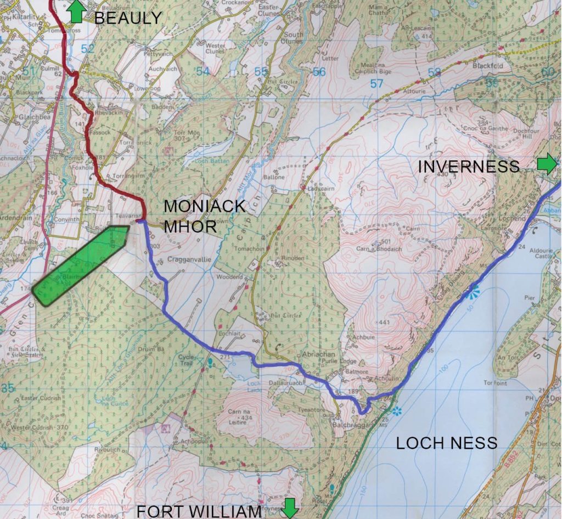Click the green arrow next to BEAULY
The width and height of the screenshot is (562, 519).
point(76,12)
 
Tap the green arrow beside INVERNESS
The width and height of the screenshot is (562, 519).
point(546,165)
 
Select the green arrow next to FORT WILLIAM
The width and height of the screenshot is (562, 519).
point(289,509)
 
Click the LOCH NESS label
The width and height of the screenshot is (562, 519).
point(447,442)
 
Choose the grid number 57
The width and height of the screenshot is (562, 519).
point(376,83)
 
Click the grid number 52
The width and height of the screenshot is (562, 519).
point(87,48)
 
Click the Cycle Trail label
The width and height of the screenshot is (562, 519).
point(186,360)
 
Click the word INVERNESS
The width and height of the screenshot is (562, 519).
point(469,166)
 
